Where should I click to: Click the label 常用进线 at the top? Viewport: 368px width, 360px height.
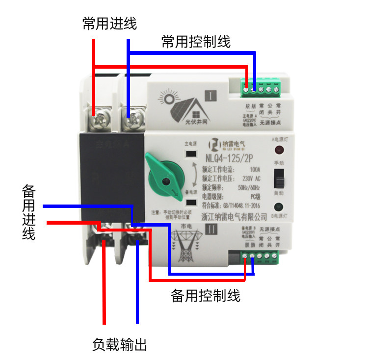tap(109, 24)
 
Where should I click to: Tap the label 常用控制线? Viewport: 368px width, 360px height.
tap(196, 41)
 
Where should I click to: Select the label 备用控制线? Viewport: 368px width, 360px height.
tap(205, 296)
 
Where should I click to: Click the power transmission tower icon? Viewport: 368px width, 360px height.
tap(185, 245)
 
